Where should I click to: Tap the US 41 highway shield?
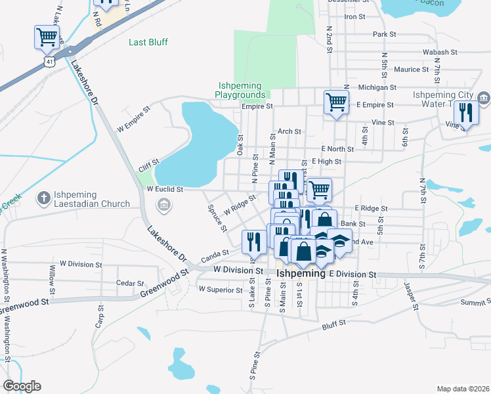point(51,60)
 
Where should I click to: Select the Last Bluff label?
point(148,42)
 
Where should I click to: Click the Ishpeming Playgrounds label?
point(240,91)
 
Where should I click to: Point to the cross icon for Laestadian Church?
point(43,197)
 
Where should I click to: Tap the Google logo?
point(22,386)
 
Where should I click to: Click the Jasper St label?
point(411,297)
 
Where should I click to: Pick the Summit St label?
point(475,302)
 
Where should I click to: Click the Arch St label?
point(289,131)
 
